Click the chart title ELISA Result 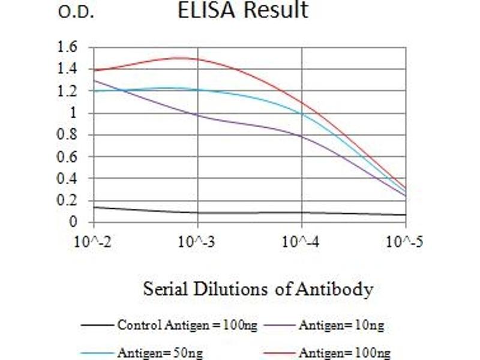242,10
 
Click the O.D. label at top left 76,13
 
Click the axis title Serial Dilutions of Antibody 258,289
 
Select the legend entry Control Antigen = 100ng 187,326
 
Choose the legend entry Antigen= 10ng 341,326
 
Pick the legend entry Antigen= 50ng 152,352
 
